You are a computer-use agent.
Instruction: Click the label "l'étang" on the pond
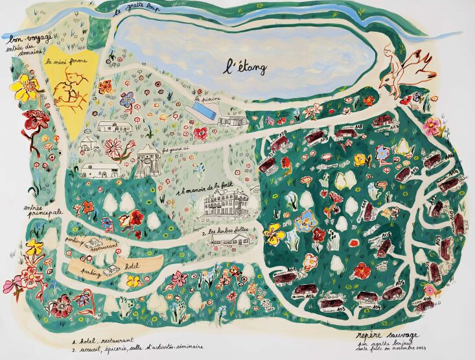(246, 66)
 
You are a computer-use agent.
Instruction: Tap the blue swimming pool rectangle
(203, 112)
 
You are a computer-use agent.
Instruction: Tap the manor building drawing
(224, 203)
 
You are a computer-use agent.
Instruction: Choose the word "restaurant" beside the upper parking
(104, 246)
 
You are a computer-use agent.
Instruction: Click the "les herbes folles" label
(225, 231)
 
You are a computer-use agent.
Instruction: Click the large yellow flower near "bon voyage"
(26, 87)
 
